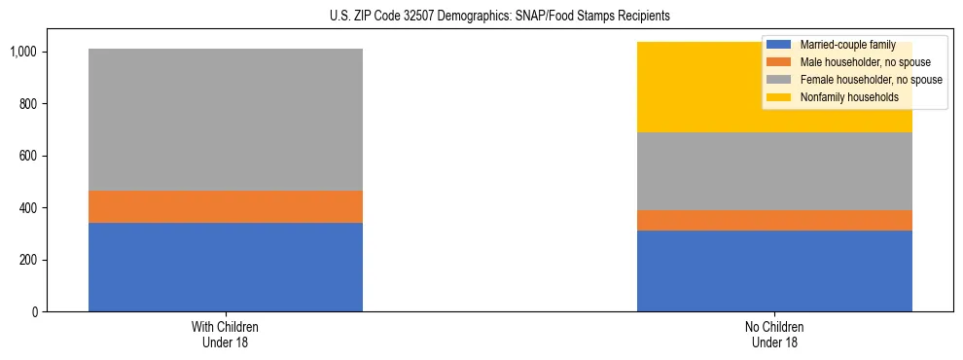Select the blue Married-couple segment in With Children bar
(225, 267)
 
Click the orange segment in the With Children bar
(225, 206)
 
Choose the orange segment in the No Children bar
(774, 220)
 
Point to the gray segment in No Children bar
(774, 171)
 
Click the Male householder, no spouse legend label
(865, 63)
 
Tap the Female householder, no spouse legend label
(871, 80)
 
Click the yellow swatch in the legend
(779, 97)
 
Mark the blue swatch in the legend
(779, 46)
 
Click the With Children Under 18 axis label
(225, 334)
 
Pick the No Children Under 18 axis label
(774, 334)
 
